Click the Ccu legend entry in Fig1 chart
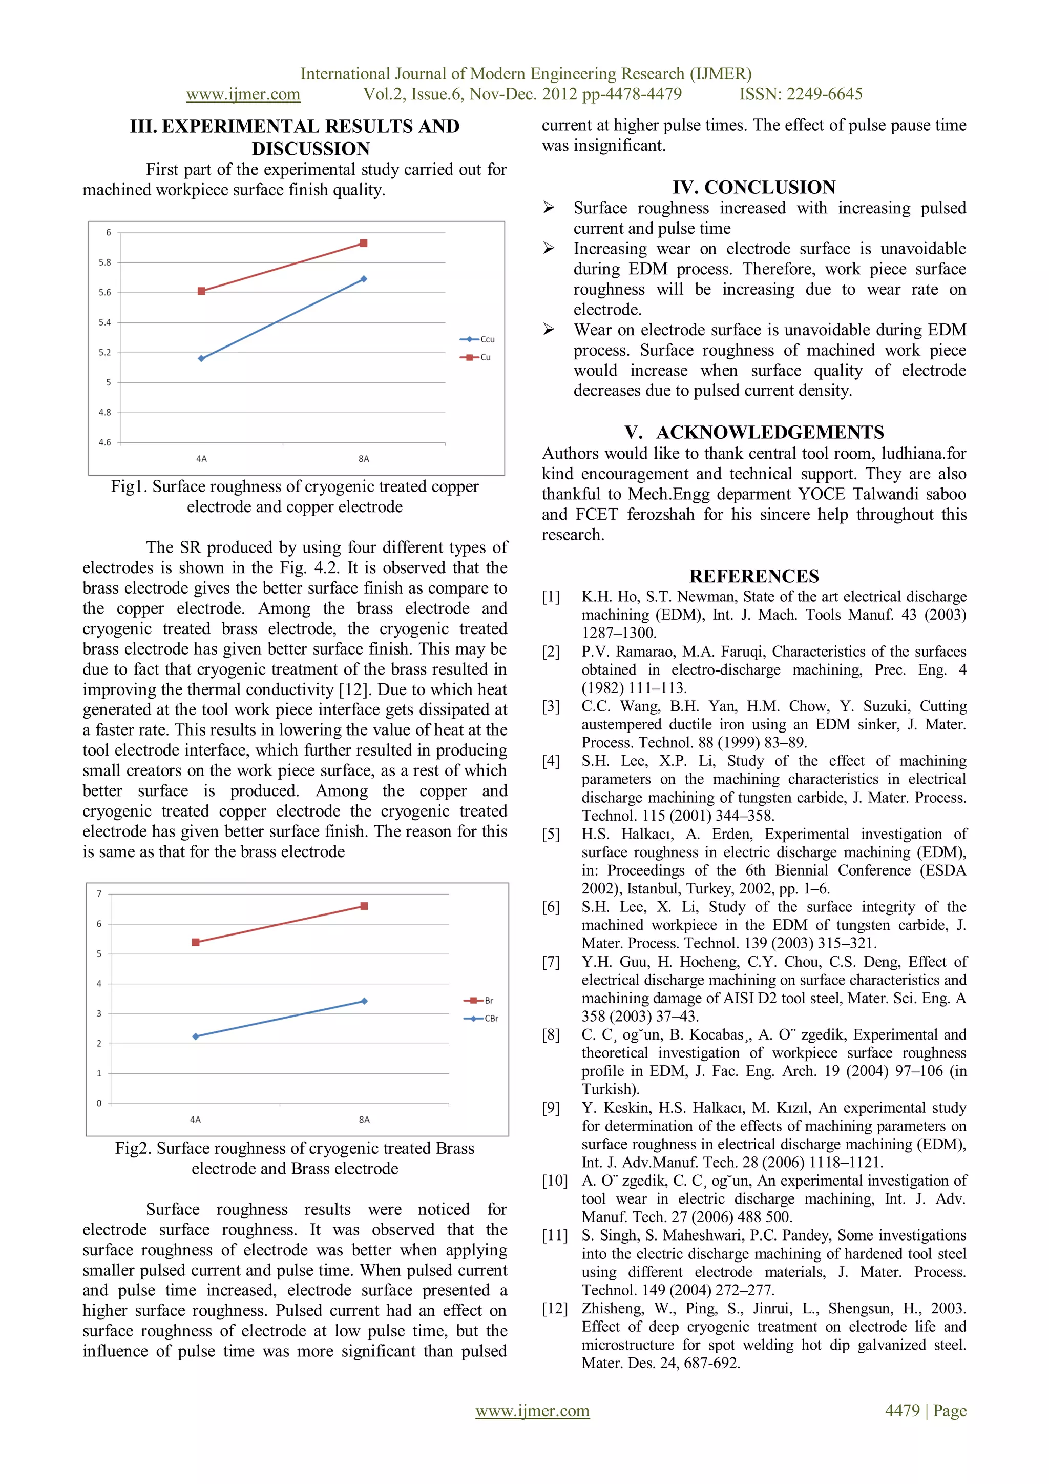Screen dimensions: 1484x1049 (x=477, y=339)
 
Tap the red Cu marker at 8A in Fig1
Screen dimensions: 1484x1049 (x=364, y=243)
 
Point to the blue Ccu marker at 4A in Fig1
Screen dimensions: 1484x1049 (x=201, y=358)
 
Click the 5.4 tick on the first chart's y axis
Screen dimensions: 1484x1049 (x=104, y=322)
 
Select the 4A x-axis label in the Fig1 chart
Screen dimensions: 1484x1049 (x=201, y=459)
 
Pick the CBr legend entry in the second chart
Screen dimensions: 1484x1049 (x=481, y=1019)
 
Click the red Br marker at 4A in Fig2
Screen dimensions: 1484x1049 (x=196, y=942)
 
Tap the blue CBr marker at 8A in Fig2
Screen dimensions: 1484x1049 (x=364, y=1001)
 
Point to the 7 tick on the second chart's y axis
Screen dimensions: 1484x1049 (x=99, y=894)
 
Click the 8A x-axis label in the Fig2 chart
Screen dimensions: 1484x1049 (x=364, y=1120)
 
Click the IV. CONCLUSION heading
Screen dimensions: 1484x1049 (x=754, y=188)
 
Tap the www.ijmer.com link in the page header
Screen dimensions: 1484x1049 (x=243, y=94)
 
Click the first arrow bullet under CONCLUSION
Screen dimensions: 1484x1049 (x=549, y=208)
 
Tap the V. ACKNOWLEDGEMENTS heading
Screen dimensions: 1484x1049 (x=754, y=433)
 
